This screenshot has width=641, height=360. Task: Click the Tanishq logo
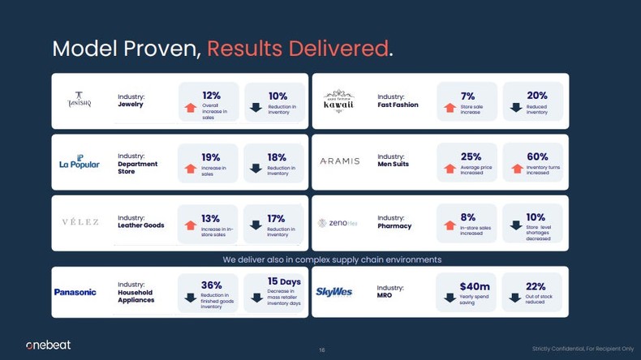tap(79, 100)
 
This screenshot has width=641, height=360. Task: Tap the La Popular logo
tap(79, 162)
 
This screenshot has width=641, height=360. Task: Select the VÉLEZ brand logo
tap(80, 222)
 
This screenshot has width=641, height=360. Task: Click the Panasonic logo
tap(75, 292)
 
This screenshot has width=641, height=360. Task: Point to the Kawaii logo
tap(338, 101)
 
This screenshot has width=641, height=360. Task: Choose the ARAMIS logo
tap(339, 161)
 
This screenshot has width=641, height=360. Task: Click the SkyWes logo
tap(333, 292)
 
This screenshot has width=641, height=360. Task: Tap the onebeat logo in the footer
tap(48, 345)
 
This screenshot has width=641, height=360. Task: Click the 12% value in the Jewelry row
tap(211, 96)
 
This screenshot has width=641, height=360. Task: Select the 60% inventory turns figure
tap(537, 156)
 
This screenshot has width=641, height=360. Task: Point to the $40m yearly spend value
tap(475, 286)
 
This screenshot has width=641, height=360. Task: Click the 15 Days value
tap(284, 281)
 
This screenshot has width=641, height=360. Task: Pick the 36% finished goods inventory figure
tap(211, 285)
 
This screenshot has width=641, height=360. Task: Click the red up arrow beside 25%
tap(450, 169)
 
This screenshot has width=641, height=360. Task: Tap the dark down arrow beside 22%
tap(515, 298)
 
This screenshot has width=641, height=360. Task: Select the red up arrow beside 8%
tap(450, 226)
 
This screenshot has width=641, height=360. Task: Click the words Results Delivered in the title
tap(297, 49)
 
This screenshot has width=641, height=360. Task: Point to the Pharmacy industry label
tap(394, 226)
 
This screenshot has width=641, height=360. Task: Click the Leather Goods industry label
tap(141, 225)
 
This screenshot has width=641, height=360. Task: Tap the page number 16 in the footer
tap(322, 350)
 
